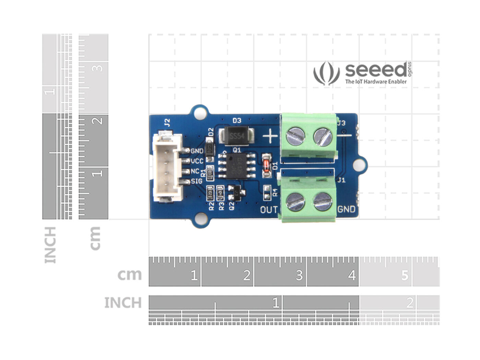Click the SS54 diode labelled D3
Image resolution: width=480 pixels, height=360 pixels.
click(x=237, y=136)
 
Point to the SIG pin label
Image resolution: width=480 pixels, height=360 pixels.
click(x=197, y=181)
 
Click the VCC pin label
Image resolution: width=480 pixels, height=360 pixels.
click(x=197, y=161)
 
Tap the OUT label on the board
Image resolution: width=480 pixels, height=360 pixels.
click(x=269, y=209)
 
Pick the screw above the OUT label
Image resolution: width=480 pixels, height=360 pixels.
click(x=296, y=201)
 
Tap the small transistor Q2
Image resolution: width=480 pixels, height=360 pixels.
click(x=236, y=193)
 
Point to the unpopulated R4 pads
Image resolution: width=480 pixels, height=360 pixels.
click(x=267, y=193)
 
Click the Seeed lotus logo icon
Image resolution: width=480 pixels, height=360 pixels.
click(x=326, y=73)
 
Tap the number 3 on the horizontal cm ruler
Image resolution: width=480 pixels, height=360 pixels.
click(x=299, y=275)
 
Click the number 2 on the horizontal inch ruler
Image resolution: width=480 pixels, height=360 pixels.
click(x=409, y=303)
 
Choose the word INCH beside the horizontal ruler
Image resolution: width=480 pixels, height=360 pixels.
click(x=123, y=303)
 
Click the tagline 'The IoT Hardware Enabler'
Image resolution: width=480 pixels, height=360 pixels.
click(x=376, y=82)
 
